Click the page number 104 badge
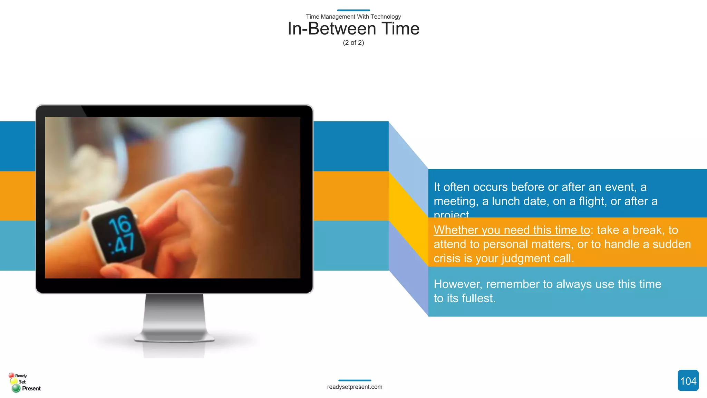[x=688, y=381]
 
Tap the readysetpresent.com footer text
[x=355, y=387]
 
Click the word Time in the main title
[x=400, y=29]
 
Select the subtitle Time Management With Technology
[x=353, y=17]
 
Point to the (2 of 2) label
[x=353, y=43]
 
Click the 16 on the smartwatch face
[x=120, y=225]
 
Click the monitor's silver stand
[x=174, y=318]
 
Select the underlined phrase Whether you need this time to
[x=512, y=230]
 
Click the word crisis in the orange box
[x=447, y=258]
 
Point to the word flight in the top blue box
[x=591, y=201]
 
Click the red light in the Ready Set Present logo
[x=11, y=375]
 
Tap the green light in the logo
[x=16, y=388]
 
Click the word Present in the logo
[x=31, y=388]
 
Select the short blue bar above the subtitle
[x=353, y=10]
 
